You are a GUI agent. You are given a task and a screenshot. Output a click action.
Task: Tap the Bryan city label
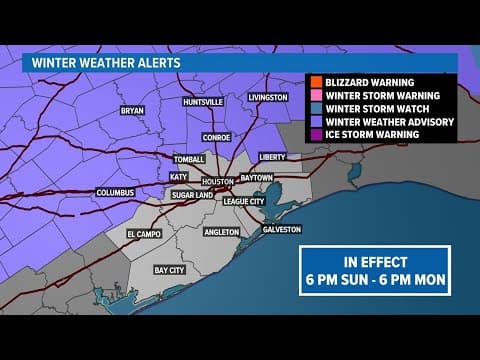click(132, 111)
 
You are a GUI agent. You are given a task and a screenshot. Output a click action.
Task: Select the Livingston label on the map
click(268, 97)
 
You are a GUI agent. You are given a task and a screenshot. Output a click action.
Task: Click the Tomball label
click(189, 159)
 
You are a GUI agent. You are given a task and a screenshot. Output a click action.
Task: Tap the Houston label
click(217, 181)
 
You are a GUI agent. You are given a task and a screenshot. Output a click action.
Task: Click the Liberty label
click(272, 157)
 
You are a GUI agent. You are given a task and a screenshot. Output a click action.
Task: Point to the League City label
click(243, 201)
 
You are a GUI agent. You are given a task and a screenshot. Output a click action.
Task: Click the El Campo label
click(144, 234)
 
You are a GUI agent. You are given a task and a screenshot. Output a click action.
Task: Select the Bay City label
click(170, 270)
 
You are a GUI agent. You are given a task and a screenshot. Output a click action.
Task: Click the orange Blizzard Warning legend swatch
click(312, 79)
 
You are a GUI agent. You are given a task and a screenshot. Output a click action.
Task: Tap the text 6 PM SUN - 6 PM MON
click(375, 277)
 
